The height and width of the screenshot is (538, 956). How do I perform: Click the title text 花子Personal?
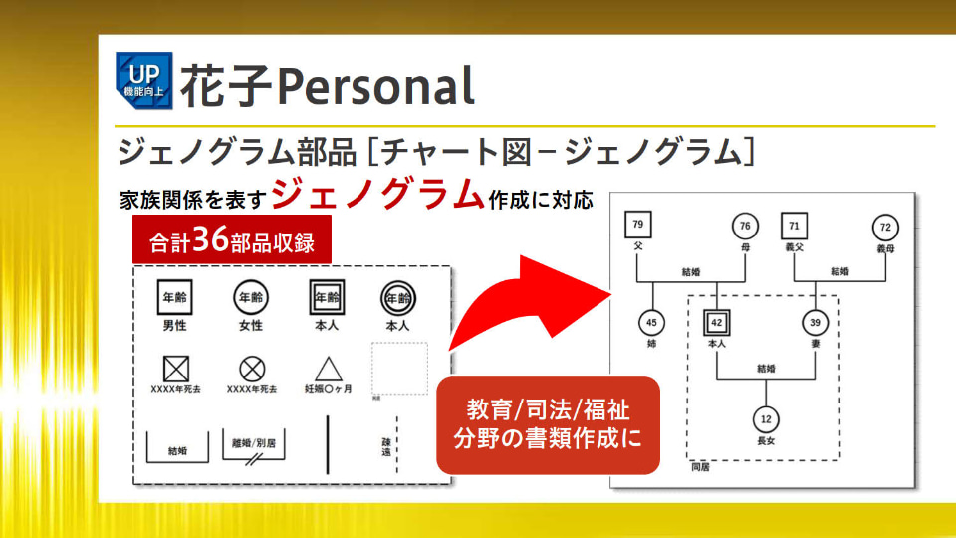point(327,85)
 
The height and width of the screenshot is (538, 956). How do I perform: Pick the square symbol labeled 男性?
point(175,297)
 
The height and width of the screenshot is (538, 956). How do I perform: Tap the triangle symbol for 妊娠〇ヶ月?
point(329,367)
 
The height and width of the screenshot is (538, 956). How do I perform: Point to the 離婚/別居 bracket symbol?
point(254,446)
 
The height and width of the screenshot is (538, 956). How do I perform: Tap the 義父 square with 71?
point(794,226)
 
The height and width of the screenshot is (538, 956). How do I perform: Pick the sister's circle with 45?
point(652,322)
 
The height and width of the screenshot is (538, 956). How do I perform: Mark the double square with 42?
point(717,322)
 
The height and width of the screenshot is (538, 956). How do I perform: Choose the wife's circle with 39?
point(815,322)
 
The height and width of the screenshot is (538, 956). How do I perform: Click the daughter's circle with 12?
point(765,419)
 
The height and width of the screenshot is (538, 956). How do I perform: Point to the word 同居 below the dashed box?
point(701,465)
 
